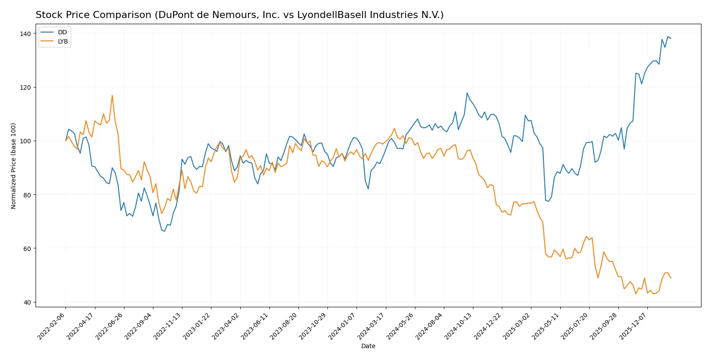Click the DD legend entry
[62, 32]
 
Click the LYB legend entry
[63, 41]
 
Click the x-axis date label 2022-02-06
[52, 326]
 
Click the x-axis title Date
[368, 346]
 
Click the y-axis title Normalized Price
[14, 166]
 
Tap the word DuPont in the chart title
[175, 15]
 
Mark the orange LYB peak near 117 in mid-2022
[112, 95]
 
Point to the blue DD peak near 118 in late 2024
[467, 93]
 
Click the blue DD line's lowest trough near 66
[164, 231]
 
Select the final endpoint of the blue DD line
[671, 39]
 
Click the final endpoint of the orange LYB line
[671, 278]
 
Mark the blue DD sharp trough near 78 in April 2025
[549, 201]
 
